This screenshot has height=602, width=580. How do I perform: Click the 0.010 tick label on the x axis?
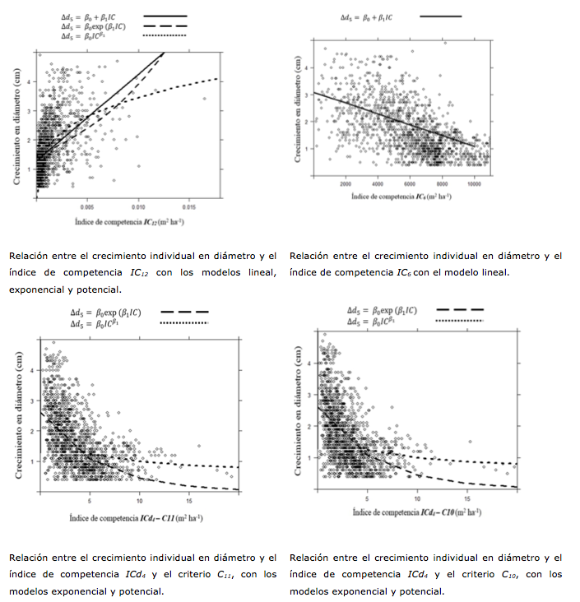click(139, 207)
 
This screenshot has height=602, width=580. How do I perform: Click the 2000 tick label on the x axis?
click(346, 185)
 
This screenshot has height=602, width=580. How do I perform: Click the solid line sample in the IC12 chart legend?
click(165, 16)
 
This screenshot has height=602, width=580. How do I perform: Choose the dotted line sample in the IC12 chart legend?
click(165, 37)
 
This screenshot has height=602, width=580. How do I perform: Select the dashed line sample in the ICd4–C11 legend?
click(184, 313)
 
